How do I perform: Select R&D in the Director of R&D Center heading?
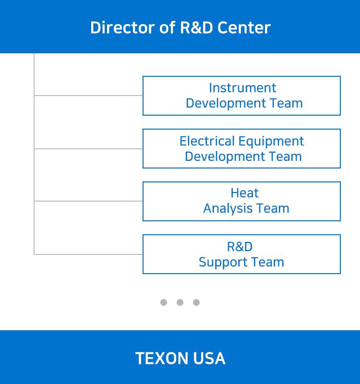[196, 27]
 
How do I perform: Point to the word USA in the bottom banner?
[209, 358]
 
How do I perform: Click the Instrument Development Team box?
[241, 96]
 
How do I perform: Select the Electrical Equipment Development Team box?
[241, 149]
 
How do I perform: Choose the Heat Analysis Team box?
[241, 201]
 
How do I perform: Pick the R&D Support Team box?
[241, 254]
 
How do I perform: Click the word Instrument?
[242, 88]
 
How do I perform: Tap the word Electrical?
[207, 141]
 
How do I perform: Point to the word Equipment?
[271, 142]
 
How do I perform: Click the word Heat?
[244, 193]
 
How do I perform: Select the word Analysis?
[228, 209]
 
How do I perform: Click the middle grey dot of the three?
[180, 302]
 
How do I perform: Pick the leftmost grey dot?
[164, 302]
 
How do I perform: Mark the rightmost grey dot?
[196, 302]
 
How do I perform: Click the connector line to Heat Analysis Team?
[88, 201]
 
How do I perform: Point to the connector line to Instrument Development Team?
[88, 95]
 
